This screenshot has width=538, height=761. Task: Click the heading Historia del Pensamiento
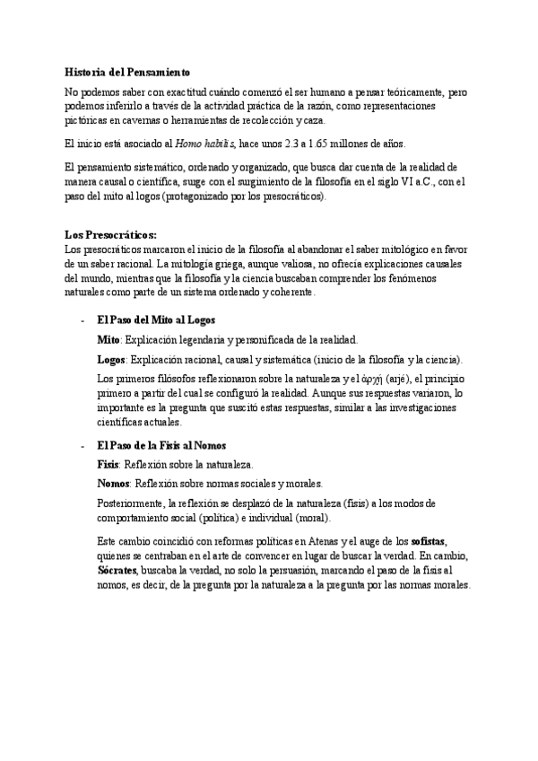click(127, 71)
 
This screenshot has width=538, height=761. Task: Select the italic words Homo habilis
click(205, 144)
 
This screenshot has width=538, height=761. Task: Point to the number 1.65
click(329, 144)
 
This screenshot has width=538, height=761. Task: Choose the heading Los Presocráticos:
click(111, 235)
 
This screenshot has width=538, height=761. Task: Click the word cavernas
click(158, 119)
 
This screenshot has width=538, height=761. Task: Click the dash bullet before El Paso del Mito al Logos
click(83, 320)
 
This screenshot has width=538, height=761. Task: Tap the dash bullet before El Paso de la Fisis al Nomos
click(83, 446)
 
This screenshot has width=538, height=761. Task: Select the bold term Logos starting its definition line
click(111, 360)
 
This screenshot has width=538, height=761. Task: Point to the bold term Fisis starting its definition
click(109, 465)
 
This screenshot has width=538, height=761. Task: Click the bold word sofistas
click(428, 543)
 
